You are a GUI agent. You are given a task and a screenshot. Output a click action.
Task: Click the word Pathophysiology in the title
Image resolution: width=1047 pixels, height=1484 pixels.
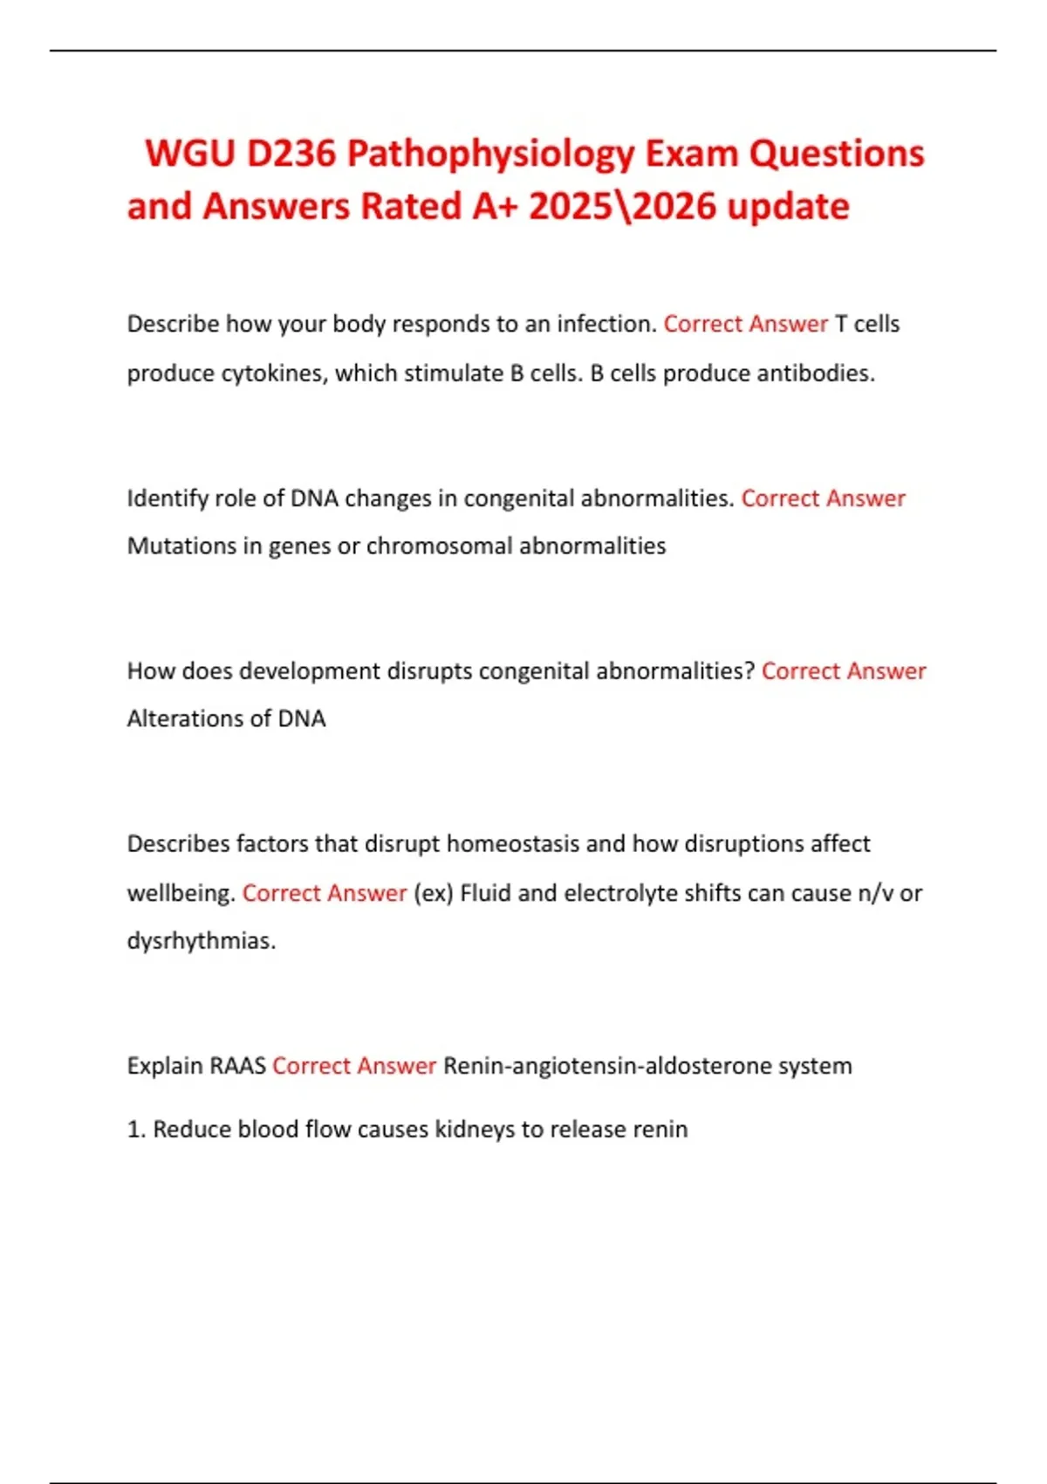(x=490, y=155)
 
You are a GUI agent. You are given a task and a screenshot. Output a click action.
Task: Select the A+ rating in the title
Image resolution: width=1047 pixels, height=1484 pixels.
(x=495, y=207)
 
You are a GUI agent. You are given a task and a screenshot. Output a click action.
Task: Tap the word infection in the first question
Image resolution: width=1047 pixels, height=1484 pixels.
(x=606, y=324)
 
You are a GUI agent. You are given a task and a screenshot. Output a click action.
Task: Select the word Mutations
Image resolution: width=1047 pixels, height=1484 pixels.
(x=181, y=546)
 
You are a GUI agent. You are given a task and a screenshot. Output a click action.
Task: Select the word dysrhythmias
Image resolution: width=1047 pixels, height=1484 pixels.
(x=201, y=941)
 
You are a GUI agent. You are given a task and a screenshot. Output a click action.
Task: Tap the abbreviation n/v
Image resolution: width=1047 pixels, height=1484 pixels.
(x=870, y=894)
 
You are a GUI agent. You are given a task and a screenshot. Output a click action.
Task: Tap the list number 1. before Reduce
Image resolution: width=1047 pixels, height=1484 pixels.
(x=136, y=1130)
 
